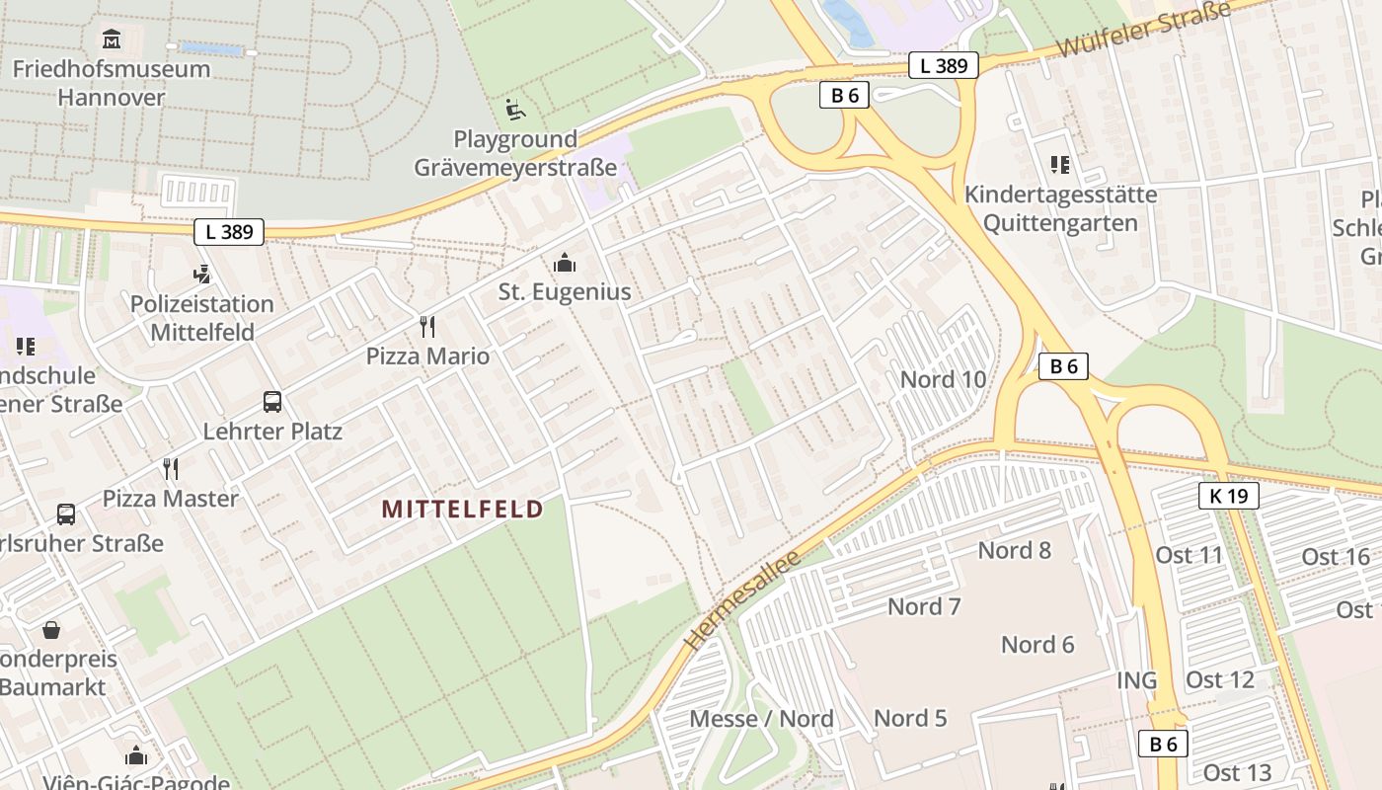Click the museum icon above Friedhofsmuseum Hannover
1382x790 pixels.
111,39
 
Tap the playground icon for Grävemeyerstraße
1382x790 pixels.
515,109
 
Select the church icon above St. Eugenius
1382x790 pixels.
565,263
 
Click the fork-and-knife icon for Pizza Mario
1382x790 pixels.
427,326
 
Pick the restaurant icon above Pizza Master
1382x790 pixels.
172,468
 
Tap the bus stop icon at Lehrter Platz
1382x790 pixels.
272,402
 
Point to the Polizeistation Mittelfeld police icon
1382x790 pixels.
202,274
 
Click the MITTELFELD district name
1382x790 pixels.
462,510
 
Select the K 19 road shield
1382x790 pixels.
1229,496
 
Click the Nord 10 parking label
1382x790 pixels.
943,379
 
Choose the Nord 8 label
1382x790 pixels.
1015,550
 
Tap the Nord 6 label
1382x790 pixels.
1037,645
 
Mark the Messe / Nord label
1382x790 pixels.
762,719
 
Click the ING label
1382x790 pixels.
1136,680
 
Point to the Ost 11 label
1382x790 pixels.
1189,555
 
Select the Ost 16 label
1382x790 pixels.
1336,557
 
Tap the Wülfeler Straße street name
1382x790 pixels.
1144,30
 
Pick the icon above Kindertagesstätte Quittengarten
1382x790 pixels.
1060,164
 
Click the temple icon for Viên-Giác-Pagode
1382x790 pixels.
136,756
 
